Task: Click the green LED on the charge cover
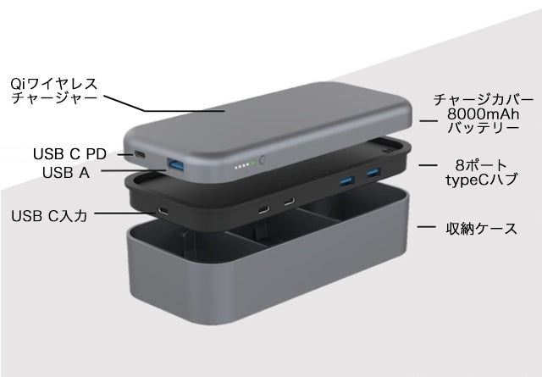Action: click(x=252, y=164)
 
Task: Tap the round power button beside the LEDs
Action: click(x=263, y=160)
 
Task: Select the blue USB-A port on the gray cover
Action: click(x=175, y=164)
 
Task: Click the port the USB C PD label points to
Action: click(x=140, y=154)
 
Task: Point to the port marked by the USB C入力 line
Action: click(x=163, y=210)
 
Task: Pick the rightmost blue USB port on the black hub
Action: click(x=373, y=172)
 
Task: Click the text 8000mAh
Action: click(x=483, y=114)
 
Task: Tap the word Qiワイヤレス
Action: click(x=54, y=84)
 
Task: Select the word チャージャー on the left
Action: click(x=54, y=98)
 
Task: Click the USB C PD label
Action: click(x=69, y=154)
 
